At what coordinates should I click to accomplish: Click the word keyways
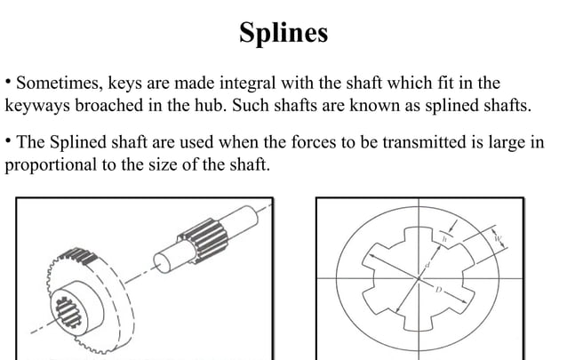[36, 108]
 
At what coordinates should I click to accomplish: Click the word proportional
[49, 165]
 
